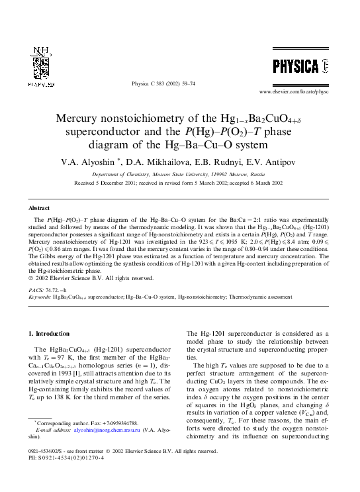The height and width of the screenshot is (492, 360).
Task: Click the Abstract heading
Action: click(x=40, y=207)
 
